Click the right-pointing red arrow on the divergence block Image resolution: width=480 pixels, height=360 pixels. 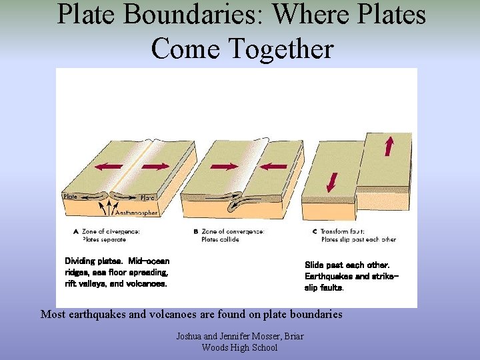click(x=155, y=165)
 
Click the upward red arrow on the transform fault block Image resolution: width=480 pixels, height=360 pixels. click(x=389, y=145)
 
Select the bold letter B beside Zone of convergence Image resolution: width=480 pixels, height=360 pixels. click(x=195, y=231)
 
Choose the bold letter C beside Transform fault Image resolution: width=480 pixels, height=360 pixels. click(x=315, y=231)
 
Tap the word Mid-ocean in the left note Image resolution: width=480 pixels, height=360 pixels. click(x=149, y=261)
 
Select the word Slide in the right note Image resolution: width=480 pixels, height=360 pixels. click(x=314, y=265)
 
